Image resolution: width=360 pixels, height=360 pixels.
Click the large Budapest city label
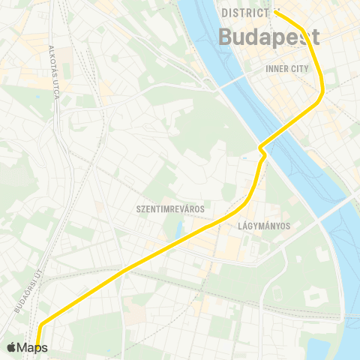click(x=268, y=37)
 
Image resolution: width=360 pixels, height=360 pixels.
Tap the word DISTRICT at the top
click(x=245, y=13)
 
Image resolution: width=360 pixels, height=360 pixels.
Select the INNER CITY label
click(x=287, y=68)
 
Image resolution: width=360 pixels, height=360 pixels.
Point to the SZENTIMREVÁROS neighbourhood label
click(x=171, y=208)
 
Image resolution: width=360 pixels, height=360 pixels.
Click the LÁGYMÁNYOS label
click(x=263, y=225)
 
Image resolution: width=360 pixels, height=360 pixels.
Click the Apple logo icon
click(x=11, y=347)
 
